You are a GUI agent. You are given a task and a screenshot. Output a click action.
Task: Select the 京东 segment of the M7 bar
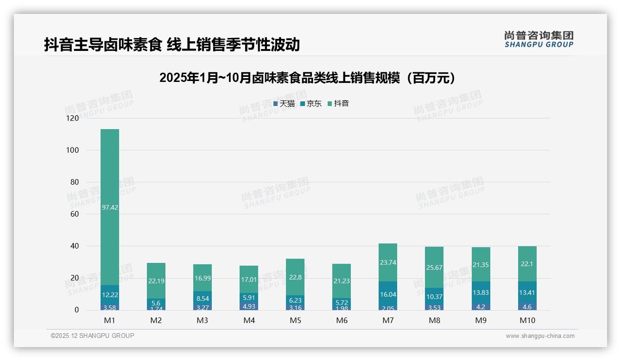[x=388, y=294]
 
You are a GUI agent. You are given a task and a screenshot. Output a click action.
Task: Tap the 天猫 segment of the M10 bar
[x=527, y=306]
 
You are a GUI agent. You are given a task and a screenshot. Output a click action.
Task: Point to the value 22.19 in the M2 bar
[x=156, y=281]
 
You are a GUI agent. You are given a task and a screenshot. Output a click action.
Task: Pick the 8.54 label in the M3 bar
[x=203, y=299]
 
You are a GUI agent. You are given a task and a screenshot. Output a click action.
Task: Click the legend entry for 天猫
[x=284, y=104]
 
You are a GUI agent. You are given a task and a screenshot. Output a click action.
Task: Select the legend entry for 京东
[x=311, y=104]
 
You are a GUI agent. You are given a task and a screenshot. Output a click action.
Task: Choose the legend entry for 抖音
[x=338, y=104]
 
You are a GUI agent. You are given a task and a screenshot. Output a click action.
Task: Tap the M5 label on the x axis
[x=295, y=320]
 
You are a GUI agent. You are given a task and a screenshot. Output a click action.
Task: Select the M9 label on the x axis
[x=481, y=320]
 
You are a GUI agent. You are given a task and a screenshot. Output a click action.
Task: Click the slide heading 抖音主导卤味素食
[x=172, y=45]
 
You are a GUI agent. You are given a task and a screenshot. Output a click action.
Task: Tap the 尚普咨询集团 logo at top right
[x=539, y=39]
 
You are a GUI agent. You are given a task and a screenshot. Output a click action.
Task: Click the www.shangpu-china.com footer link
[x=540, y=336]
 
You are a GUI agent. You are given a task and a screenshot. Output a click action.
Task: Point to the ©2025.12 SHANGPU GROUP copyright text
[x=93, y=336]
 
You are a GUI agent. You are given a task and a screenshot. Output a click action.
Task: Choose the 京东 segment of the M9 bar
[x=481, y=293]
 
